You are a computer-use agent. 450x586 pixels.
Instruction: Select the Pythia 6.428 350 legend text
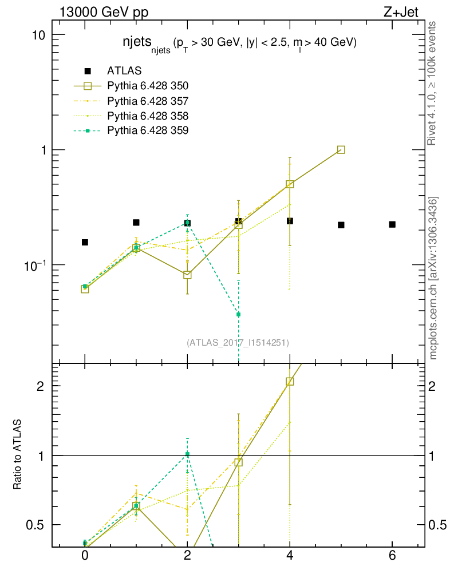148,86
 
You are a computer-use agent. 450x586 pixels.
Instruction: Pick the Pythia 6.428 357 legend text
148,101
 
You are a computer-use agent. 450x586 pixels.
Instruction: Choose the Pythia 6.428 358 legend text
148,116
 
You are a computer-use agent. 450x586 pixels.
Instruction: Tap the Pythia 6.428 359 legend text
148,130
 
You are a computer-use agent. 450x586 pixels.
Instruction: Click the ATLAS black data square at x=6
392,224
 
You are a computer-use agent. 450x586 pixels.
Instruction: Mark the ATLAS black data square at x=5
341,225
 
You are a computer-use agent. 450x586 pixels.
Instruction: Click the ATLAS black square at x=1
136,223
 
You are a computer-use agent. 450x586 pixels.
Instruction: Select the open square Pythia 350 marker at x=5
341,149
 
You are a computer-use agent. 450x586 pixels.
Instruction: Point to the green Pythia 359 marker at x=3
239,314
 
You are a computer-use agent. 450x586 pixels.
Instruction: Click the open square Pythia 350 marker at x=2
187,275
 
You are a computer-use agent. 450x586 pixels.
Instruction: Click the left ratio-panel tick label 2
41,386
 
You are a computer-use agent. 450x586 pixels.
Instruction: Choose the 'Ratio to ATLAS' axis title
18,455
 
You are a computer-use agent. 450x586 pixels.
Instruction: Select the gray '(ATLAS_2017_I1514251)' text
238,343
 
